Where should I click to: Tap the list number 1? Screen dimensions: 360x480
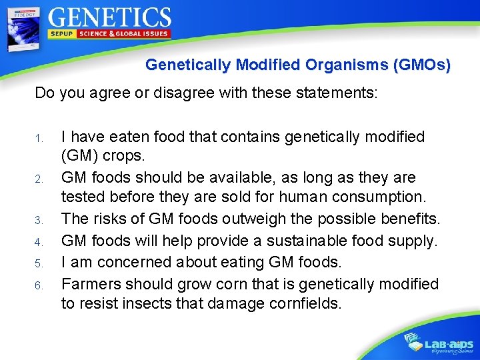39,139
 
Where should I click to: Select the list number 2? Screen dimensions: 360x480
39,179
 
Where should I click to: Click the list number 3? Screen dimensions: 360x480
39,220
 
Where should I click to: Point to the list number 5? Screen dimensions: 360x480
39,263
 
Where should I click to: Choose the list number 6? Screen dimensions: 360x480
39,285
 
